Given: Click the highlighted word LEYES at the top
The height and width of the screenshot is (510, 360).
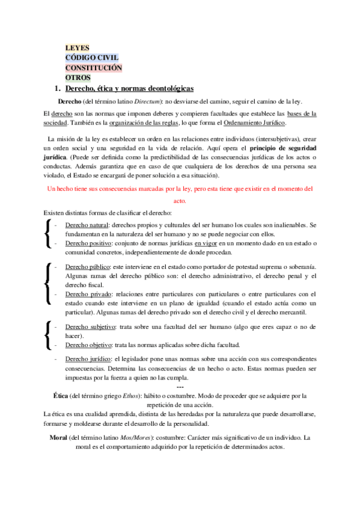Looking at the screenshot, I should [77, 49].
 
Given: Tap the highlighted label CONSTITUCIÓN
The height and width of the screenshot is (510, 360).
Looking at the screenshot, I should [93, 68].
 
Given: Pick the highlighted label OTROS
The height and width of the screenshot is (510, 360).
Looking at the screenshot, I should [78, 78].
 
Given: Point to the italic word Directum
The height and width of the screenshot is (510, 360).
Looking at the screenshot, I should [146, 101].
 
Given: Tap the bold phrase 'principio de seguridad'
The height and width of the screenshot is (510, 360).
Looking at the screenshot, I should [283, 147].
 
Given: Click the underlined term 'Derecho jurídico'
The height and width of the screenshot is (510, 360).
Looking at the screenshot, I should [88, 359].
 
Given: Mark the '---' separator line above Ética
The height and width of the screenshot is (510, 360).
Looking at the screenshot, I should [180, 387].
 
